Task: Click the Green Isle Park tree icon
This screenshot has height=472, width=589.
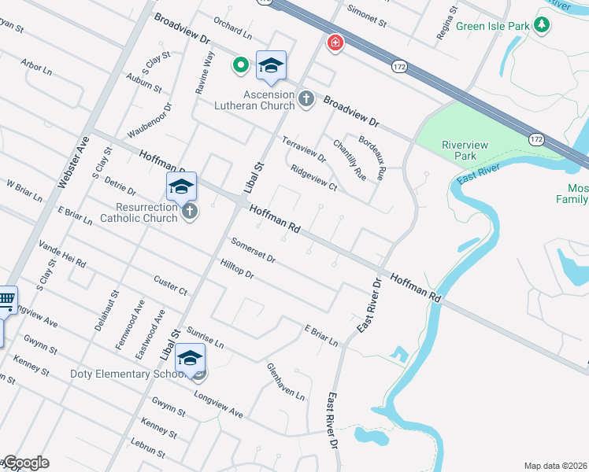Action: [x=542, y=25]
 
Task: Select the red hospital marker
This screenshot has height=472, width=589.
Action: [x=335, y=42]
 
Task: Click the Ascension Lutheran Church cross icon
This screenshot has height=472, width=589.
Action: [x=306, y=99]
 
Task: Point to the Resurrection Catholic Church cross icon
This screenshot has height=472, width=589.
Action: [x=189, y=211]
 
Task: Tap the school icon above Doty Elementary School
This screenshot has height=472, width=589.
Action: [x=190, y=359]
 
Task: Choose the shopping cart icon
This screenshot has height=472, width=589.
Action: [x=6, y=300]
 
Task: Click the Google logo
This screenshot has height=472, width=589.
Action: [x=25, y=463]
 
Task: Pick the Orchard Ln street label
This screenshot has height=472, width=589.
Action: [x=232, y=29]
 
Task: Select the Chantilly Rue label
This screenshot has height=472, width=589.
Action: [x=349, y=159]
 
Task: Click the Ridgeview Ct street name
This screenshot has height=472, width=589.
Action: [x=313, y=179]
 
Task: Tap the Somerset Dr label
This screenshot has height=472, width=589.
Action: [x=253, y=251]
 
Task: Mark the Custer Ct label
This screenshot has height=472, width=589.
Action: [x=170, y=286]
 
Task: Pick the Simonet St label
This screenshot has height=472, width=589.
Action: [x=367, y=19]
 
